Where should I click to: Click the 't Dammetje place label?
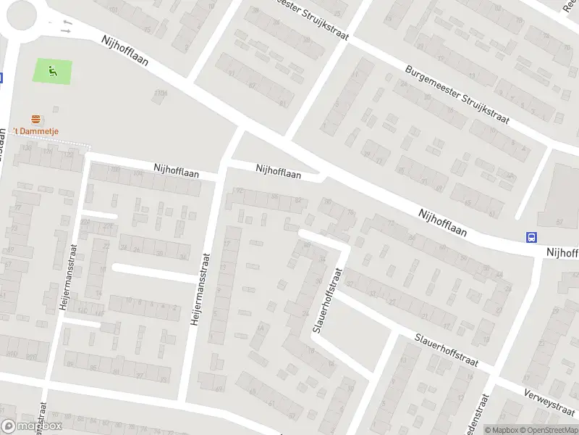(x=37, y=130)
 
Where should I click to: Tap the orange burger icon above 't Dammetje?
(x=35, y=118)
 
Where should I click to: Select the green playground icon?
(x=51, y=71)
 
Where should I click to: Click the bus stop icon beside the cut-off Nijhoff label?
(x=532, y=237)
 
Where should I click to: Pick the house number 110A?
(x=160, y=93)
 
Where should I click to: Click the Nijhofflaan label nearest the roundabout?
(x=124, y=52)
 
